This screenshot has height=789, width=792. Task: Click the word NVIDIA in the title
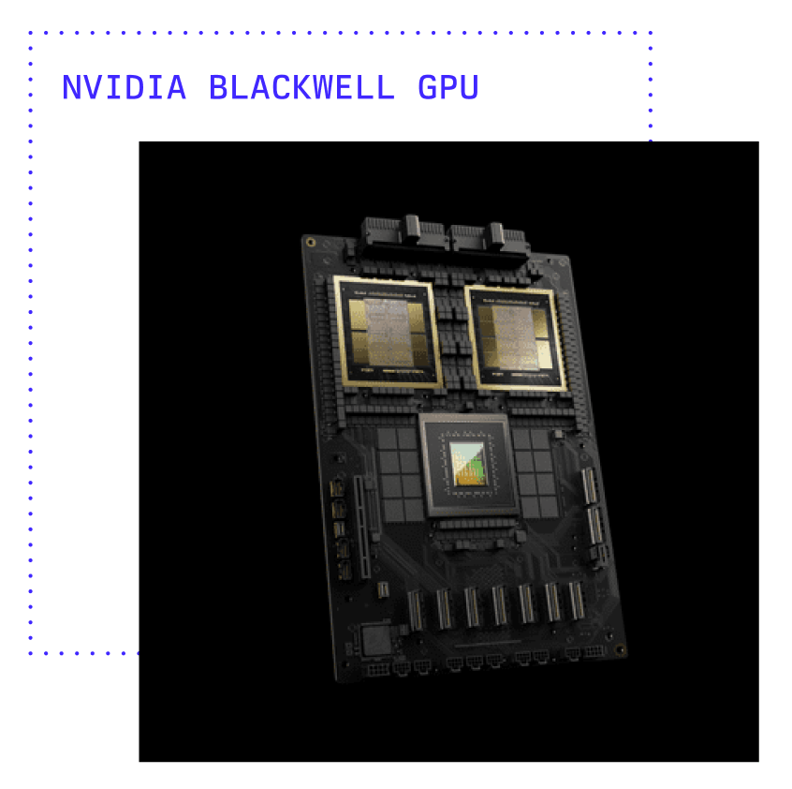(124, 87)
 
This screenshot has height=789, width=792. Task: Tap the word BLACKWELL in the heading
(301, 87)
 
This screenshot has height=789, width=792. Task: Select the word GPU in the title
(448, 87)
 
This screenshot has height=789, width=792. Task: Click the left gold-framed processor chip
(388, 333)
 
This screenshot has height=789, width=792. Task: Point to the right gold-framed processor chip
(515, 338)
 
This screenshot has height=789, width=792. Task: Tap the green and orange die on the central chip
(468, 464)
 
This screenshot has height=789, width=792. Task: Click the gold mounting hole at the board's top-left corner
(311, 243)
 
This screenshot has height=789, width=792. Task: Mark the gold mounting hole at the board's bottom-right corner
(620, 649)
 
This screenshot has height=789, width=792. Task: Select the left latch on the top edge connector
(412, 228)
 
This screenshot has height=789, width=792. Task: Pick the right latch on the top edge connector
(496, 234)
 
